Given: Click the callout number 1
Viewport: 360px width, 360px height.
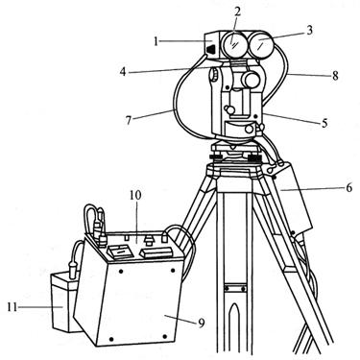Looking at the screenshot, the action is click(x=156, y=41).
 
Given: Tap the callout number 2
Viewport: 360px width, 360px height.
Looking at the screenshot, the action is click(x=237, y=12).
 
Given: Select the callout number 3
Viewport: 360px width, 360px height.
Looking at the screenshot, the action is click(x=309, y=31).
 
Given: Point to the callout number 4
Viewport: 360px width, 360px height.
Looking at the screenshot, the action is click(x=123, y=72).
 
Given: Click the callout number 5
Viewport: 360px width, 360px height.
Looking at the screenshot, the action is click(x=324, y=123).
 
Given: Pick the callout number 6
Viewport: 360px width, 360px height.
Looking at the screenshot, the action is click(x=348, y=187).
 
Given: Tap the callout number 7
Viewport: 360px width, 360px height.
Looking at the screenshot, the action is click(x=129, y=121).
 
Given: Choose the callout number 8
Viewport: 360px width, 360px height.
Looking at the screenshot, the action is click(x=335, y=76).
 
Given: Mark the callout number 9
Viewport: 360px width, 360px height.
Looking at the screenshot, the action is click(x=201, y=324).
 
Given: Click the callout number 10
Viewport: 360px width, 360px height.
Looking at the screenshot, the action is click(x=135, y=196).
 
